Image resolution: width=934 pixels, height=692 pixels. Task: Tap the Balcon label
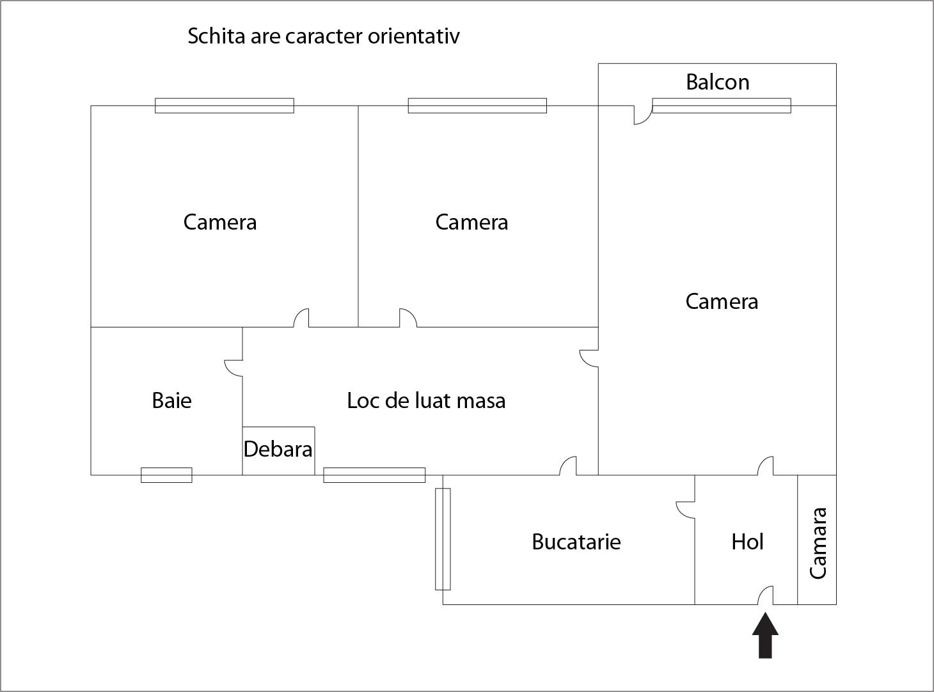(x=717, y=83)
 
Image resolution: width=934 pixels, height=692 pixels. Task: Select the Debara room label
(x=278, y=450)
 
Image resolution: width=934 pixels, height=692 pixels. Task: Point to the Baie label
(x=171, y=401)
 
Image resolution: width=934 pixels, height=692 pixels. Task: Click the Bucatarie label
(x=576, y=542)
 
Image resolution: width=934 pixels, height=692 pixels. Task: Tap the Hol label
(x=747, y=542)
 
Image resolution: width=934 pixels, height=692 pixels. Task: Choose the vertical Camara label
(x=818, y=543)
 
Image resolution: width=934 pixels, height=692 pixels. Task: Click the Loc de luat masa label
(x=426, y=401)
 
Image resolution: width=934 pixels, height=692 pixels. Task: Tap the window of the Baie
(x=166, y=475)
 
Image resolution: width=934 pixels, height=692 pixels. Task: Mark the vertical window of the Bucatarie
(x=443, y=539)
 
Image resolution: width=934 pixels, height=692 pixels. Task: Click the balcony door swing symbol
(x=642, y=115)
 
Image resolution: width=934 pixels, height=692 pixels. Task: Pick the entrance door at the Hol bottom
(x=765, y=596)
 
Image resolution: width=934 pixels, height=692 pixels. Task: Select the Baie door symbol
(x=234, y=367)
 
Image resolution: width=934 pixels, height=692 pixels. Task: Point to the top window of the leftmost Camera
(x=225, y=106)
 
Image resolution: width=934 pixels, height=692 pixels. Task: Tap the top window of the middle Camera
(x=477, y=106)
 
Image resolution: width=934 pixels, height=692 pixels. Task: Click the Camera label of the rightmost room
(x=722, y=302)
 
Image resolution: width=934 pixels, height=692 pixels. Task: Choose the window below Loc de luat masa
(x=374, y=475)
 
